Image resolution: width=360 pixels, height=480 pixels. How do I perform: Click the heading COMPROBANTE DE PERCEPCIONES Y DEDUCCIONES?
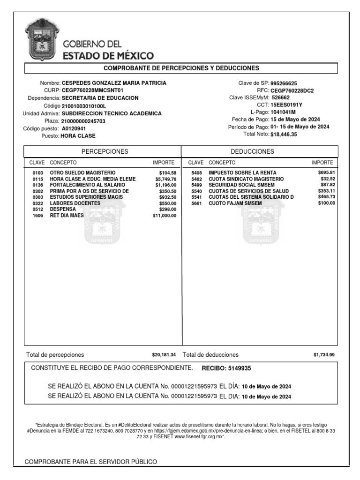pyautogui.click(x=181, y=68)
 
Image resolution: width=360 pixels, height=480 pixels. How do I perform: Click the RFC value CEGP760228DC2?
pyautogui.click(x=292, y=91)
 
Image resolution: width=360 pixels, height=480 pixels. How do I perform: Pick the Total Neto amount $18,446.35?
pyautogui.click(x=284, y=134)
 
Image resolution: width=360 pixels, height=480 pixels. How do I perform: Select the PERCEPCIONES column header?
pyautogui.click(x=105, y=151)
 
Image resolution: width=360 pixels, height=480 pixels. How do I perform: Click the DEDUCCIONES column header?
pyautogui.click(x=253, y=151)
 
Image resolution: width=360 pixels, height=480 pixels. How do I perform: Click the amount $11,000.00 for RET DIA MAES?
pyautogui.click(x=164, y=216)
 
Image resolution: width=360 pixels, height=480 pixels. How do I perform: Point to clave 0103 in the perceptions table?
pyautogui.click(x=37, y=173)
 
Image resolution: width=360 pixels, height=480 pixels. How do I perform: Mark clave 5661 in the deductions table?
pyautogui.click(x=196, y=203)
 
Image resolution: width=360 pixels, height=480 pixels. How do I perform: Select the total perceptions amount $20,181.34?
pyautogui.click(x=164, y=355)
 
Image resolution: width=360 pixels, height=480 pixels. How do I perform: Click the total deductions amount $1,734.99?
pyautogui.click(x=324, y=355)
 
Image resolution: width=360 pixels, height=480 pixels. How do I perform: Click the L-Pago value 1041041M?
pyautogui.click(x=283, y=112)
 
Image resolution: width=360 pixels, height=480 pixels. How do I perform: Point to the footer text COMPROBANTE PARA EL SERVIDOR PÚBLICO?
pyautogui.click(x=90, y=462)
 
